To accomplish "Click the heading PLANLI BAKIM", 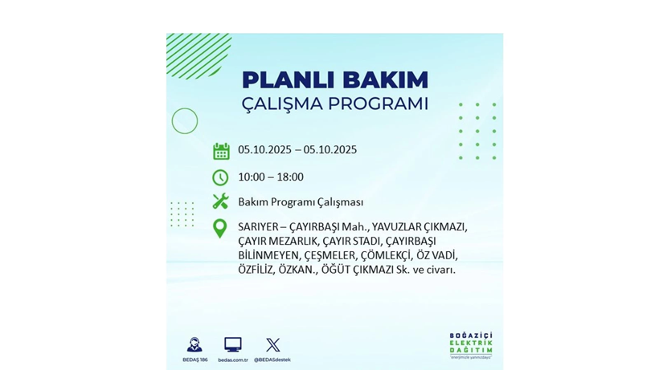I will (x=334, y=80).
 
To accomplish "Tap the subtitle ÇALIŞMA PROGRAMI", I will (x=334, y=104).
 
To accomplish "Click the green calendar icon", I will (x=221, y=151).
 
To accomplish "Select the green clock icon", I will (x=220, y=177).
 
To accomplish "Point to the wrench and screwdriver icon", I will (x=220, y=201).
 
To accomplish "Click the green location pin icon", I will (x=219, y=229).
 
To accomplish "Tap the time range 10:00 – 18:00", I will (x=271, y=177).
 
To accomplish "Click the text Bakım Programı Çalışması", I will (x=301, y=202).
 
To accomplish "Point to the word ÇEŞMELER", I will (x=328, y=256).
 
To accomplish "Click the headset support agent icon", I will (x=194, y=345).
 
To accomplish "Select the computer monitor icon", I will (x=232, y=345).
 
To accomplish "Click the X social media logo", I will (x=272, y=345).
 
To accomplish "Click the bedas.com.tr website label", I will (x=232, y=360).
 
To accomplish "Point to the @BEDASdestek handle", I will (x=272, y=360).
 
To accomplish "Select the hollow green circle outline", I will (x=185, y=121).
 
